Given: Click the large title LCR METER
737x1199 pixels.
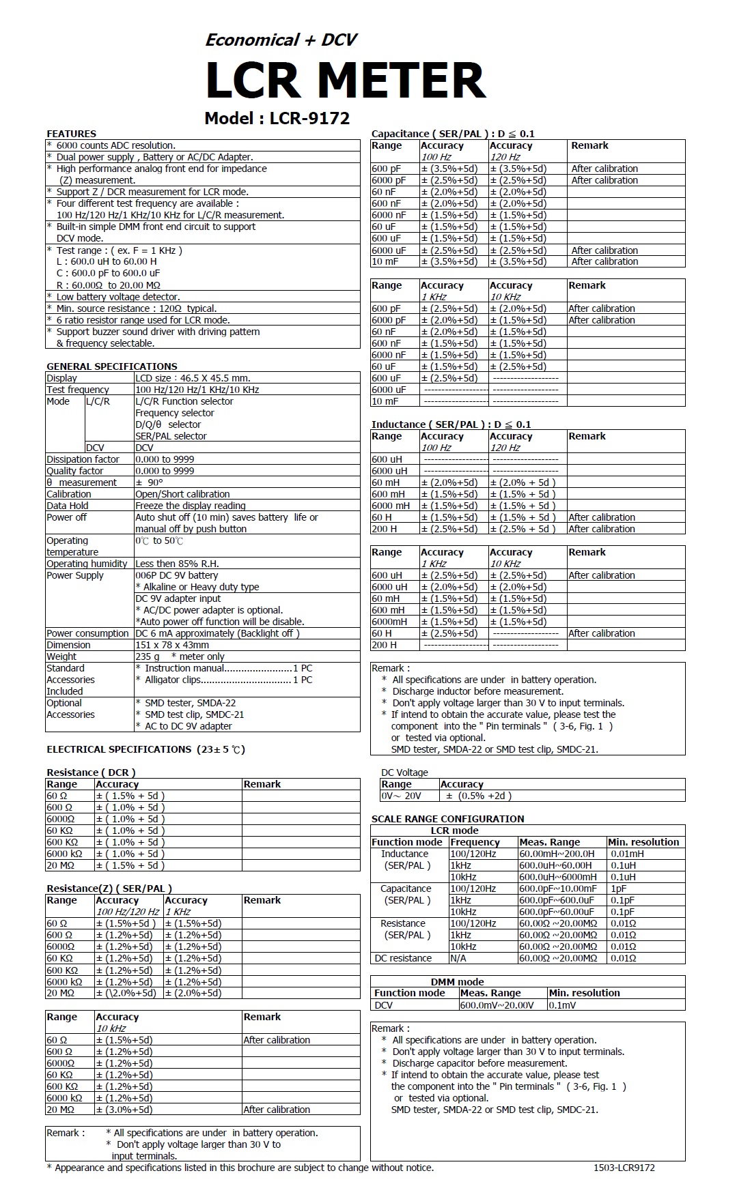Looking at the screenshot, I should click(345, 81).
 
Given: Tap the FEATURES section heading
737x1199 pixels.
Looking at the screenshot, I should click(71, 134).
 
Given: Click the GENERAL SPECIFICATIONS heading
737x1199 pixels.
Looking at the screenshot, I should click(111, 366).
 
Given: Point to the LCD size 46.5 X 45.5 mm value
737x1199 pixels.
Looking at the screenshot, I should click(193, 378).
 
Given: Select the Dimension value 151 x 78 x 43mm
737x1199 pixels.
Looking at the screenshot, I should click(172, 645).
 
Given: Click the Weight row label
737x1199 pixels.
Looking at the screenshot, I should click(61, 656).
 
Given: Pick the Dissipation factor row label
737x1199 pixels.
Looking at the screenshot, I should click(83, 459).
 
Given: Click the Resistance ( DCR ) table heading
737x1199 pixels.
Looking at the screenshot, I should click(91, 772).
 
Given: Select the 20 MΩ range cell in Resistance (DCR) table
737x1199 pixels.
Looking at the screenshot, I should click(60, 865).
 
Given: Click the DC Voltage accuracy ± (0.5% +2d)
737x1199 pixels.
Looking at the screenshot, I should click(478, 796).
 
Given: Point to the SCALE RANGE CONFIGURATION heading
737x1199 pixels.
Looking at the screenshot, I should click(447, 819).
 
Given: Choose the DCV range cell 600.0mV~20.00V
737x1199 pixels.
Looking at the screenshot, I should click(497, 1005).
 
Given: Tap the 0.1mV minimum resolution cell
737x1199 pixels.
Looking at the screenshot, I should click(562, 1005).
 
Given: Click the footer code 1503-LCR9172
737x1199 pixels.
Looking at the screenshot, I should click(624, 1168).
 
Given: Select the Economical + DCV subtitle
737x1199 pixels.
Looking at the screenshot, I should click(281, 40).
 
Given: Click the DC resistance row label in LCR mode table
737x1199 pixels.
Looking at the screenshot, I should click(403, 958).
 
